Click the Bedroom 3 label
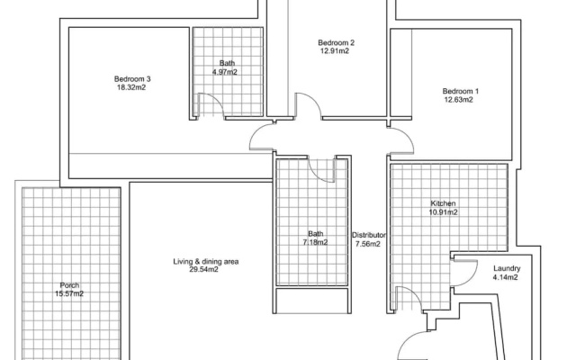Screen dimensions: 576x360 (132, 79)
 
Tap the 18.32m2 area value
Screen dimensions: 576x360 (131, 87)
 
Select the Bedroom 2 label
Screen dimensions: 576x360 (336, 42)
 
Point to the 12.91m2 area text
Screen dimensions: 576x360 (335, 51)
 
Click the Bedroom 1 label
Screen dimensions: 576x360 (460, 91)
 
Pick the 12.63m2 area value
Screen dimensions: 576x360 (459, 100)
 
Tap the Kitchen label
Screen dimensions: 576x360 (443, 203)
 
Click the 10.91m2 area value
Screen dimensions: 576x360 (444, 212)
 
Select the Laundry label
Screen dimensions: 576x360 (507, 268)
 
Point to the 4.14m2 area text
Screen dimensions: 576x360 (505, 277)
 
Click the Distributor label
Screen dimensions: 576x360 (369, 235)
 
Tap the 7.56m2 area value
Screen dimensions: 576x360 (367, 244)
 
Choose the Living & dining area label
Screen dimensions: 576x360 (206, 262)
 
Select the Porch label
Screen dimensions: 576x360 (69, 285)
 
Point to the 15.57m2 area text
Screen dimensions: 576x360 (69, 294)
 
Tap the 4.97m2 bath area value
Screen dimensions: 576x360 (225, 72)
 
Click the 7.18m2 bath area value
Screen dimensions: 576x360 (315, 242)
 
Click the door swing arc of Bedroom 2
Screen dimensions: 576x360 (313, 99)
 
